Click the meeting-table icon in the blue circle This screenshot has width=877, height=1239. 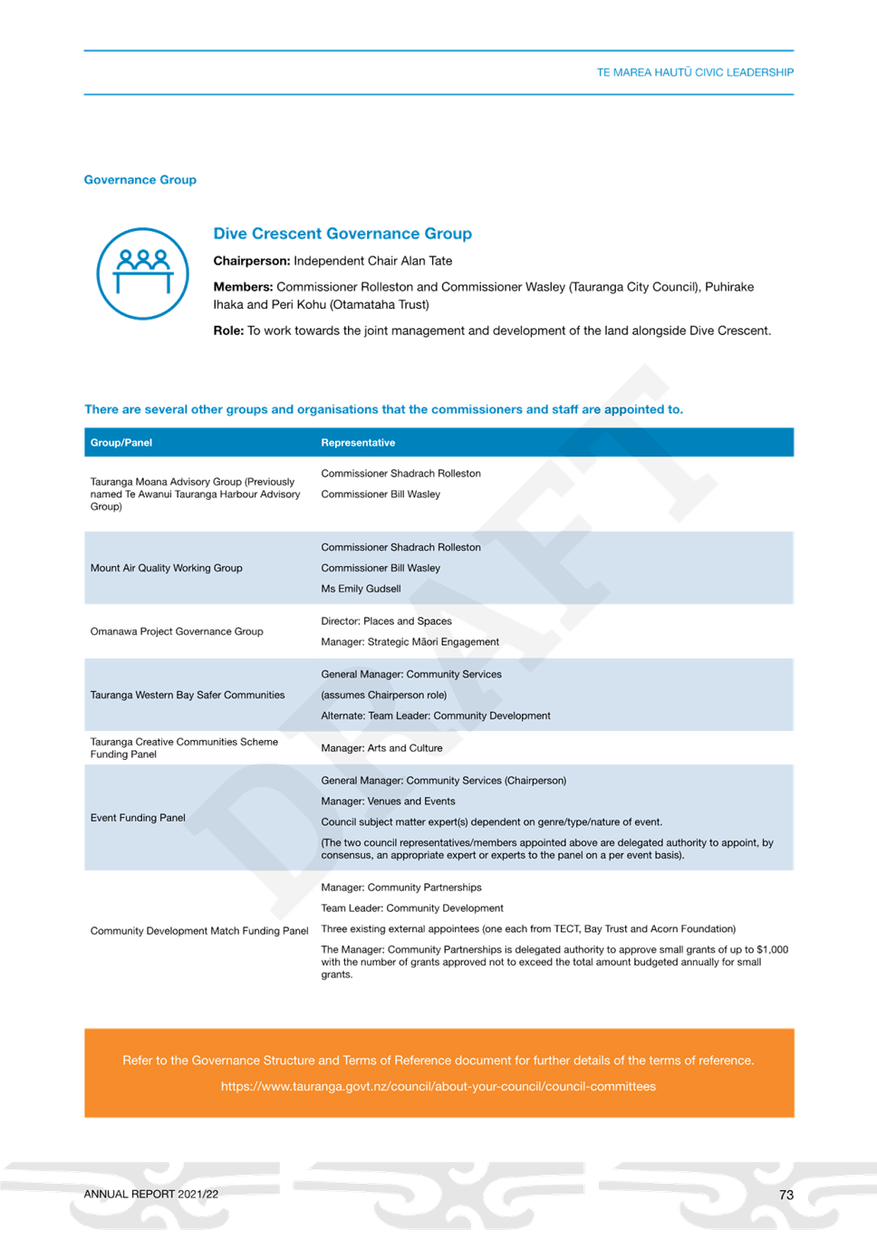click(143, 271)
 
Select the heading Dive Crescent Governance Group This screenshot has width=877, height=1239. click(342, 234)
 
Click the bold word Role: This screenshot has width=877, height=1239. click(228, 331)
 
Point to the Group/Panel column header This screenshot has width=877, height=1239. click(121, 443)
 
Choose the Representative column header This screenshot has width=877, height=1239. click(358, 443)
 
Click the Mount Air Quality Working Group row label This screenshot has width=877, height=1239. click(166, 568)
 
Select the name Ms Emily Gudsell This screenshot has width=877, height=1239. click(361, 589)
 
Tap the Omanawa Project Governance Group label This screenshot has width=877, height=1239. click(177, 631)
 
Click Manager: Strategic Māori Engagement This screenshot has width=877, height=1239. click(410, 641)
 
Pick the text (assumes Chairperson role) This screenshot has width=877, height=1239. click(384, 695)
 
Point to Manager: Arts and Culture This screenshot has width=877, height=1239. click(381, 748)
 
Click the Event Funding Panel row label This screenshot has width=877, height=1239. click(138, 818)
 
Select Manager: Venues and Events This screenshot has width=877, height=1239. click(388, 801)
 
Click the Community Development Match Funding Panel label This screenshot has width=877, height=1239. click(199, 931)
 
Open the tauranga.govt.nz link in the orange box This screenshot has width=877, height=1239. click(438, 1086)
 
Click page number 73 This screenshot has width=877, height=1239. click(786, 1195)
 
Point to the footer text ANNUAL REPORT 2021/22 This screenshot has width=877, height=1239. click(151, 1195)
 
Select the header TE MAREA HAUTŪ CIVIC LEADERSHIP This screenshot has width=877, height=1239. click(695, 72)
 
